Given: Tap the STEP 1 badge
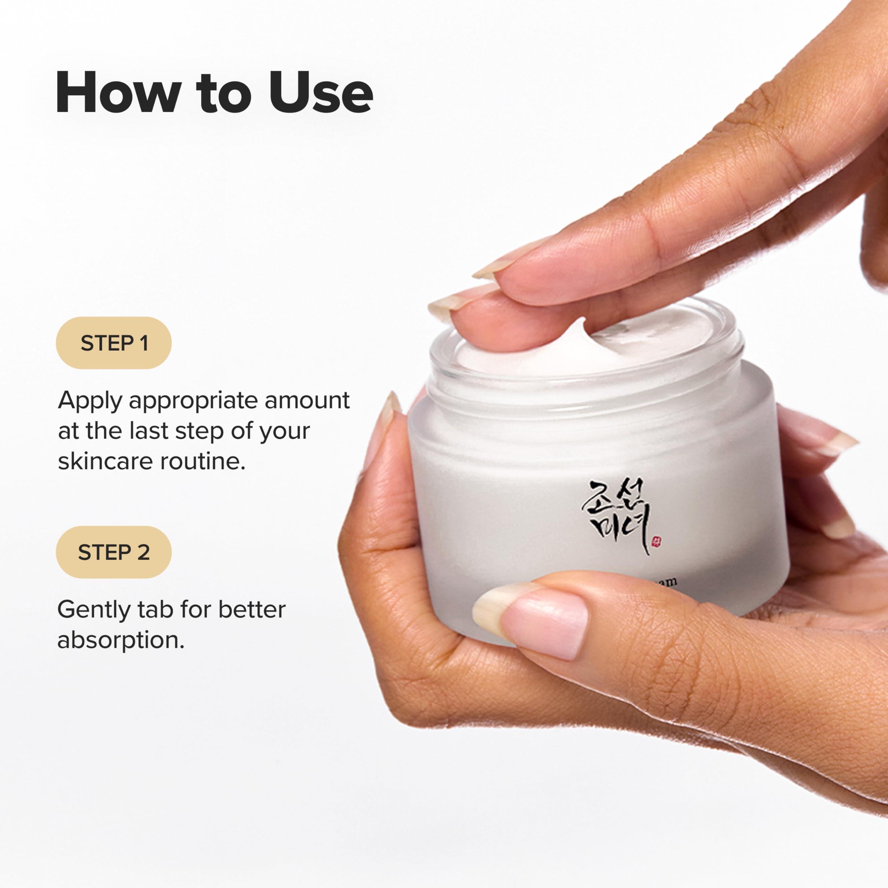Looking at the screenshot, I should (113, 343).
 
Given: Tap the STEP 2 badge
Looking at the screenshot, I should (113, 552).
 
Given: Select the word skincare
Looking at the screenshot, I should (106, 461).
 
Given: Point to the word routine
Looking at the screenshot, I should (202, 461).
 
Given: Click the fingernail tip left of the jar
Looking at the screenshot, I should (391, 409).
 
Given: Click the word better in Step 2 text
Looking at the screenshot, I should (251, 610).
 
